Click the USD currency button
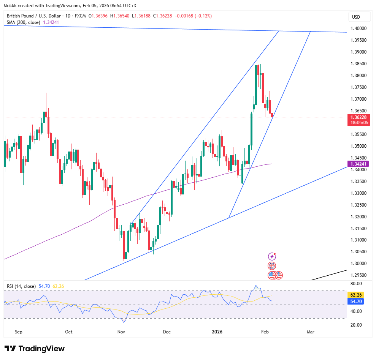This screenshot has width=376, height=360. click(356, 17)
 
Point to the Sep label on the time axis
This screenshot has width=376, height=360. click(19, 332)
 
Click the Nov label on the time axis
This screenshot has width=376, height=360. click(121, 332)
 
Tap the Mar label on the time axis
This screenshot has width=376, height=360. click(310, 332)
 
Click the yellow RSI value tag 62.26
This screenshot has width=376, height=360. click(358, 295)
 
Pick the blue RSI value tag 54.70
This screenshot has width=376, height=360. click(358, 301)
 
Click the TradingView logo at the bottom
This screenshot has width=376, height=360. click(35, 349)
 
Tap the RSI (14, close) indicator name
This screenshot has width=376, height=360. click(21, 286)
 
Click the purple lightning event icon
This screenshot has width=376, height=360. click(272, 257)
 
